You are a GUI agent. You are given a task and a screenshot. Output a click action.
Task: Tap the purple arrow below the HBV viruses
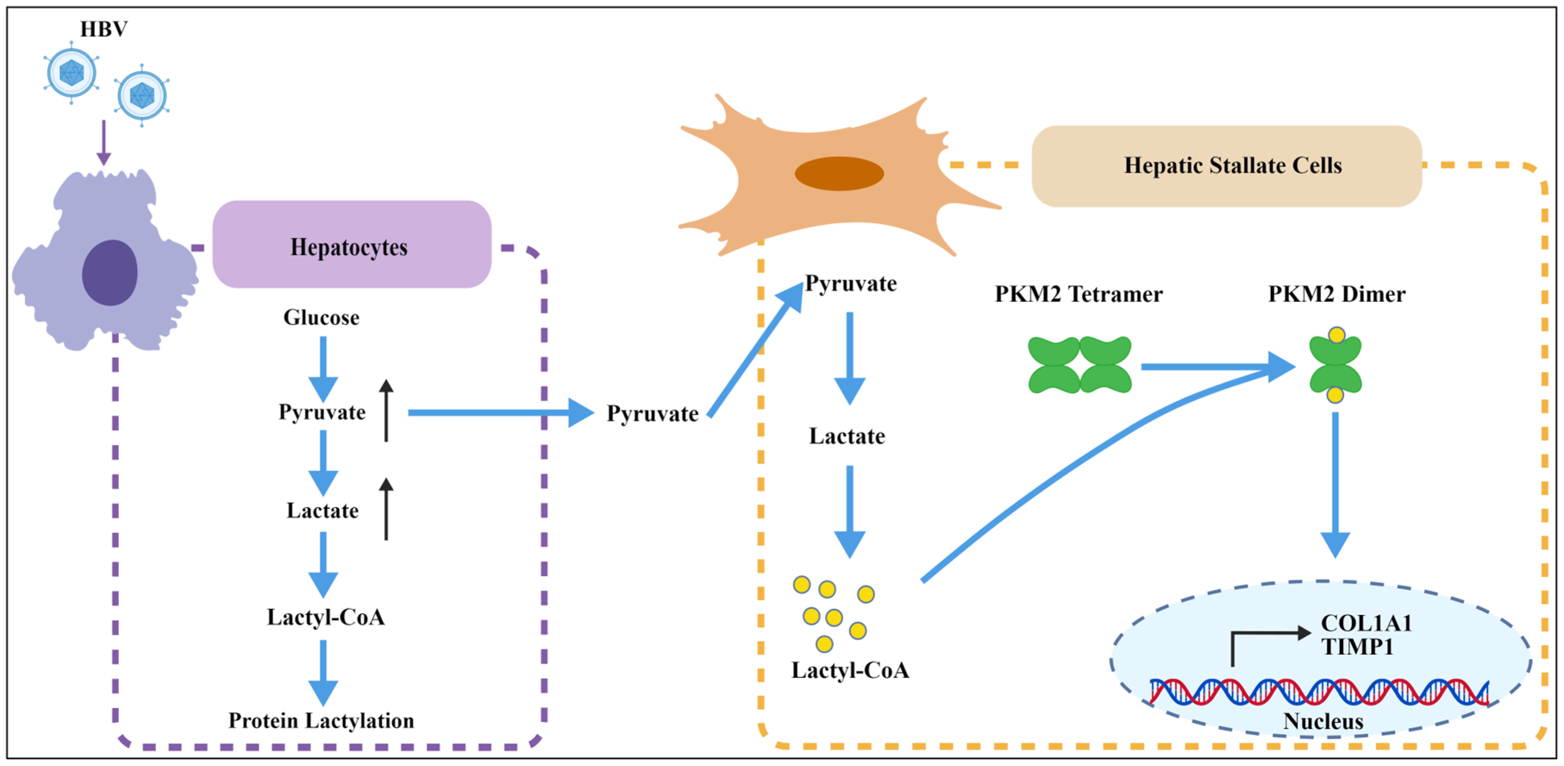click(x=104, y=143)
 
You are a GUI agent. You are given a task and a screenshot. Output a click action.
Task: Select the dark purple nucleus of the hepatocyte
click(x=110, y=272)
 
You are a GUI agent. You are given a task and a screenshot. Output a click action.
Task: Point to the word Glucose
click(x=321, y=318)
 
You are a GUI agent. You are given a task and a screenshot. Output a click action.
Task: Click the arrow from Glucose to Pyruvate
click(x=323, y=368)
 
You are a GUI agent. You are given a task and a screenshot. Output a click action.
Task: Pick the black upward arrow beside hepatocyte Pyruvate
click(x=386, y=411)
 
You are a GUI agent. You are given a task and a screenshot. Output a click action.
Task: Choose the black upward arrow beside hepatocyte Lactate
click(x=386, y=509)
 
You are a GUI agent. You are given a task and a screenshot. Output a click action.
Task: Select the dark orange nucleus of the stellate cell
click(x=839, y=174)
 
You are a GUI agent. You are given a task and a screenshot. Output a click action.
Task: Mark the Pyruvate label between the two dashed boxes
click(x=653, y=414)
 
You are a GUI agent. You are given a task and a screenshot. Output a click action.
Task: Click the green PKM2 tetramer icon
click(x=1079, y=365)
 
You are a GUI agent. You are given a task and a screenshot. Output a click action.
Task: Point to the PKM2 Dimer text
click(x=1336, y=294)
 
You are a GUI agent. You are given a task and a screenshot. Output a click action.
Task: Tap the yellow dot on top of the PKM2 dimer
click(x=1336, y=335)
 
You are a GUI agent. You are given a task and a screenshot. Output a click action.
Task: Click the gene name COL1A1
click(x=1366, y=623)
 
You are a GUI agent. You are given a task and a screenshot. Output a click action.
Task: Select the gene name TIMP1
click(x=1358, y=647)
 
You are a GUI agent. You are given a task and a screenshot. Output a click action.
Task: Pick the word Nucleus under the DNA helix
click(x=1323, y=721)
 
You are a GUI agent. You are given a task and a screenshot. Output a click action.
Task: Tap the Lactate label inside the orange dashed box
click(x=847, y=436)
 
